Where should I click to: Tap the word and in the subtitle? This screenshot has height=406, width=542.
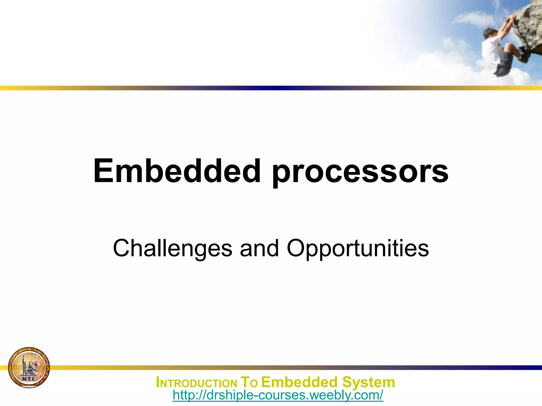tap(259, 248)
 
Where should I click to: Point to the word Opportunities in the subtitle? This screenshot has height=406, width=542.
tap(358, 249)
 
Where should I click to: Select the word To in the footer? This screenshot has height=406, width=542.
tap(249, 382)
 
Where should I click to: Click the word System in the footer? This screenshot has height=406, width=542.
tap(368, 382)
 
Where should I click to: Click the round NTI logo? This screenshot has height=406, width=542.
tap(29, 368)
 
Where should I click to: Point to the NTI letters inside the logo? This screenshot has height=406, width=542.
tap(28, 379)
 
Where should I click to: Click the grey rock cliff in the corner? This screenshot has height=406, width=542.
tap(529, 26)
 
